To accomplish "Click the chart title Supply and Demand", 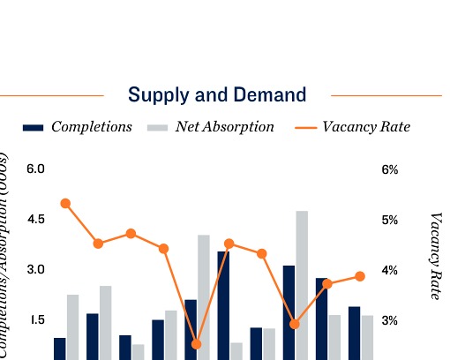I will [217, 94].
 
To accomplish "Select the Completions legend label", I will [91, 127].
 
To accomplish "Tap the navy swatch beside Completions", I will [33, 128].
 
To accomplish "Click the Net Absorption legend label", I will [224, 127].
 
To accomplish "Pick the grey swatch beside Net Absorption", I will [157, 128].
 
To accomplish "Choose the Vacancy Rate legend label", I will [366, 127].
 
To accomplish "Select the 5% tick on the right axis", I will [390, 220].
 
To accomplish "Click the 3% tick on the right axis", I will [390, 320].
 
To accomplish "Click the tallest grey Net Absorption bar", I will [302, 285].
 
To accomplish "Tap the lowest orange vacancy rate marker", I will [196, 344].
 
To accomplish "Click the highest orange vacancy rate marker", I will [65, 203].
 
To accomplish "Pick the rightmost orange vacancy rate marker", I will [360, 276].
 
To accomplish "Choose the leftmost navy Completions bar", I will [59, 349].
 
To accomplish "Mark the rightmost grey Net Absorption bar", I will [367, 337].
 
